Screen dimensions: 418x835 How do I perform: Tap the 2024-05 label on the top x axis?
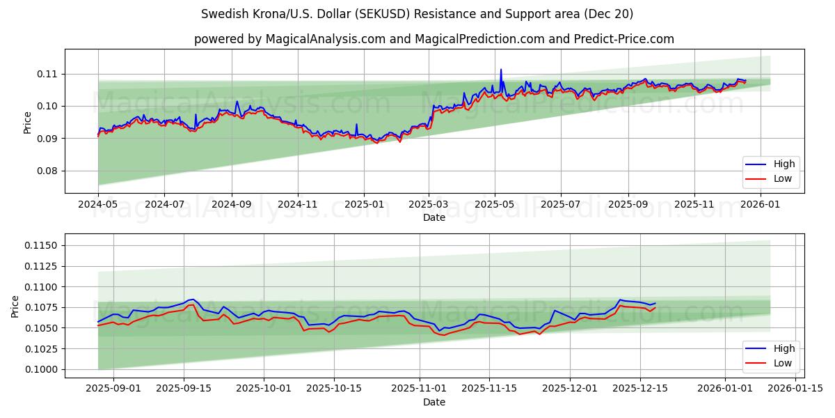(98, 205)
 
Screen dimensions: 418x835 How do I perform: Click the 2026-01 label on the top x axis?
(761, 205)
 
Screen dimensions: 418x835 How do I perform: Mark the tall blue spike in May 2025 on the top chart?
(500, 70)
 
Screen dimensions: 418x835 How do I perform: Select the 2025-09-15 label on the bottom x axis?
(184, 389)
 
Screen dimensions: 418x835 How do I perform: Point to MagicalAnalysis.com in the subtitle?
(325, 39)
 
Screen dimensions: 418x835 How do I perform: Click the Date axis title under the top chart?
(434, 217)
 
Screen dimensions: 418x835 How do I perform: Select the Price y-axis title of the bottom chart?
(16, 306)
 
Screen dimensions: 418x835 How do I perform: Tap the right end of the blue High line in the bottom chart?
(655, 303)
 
